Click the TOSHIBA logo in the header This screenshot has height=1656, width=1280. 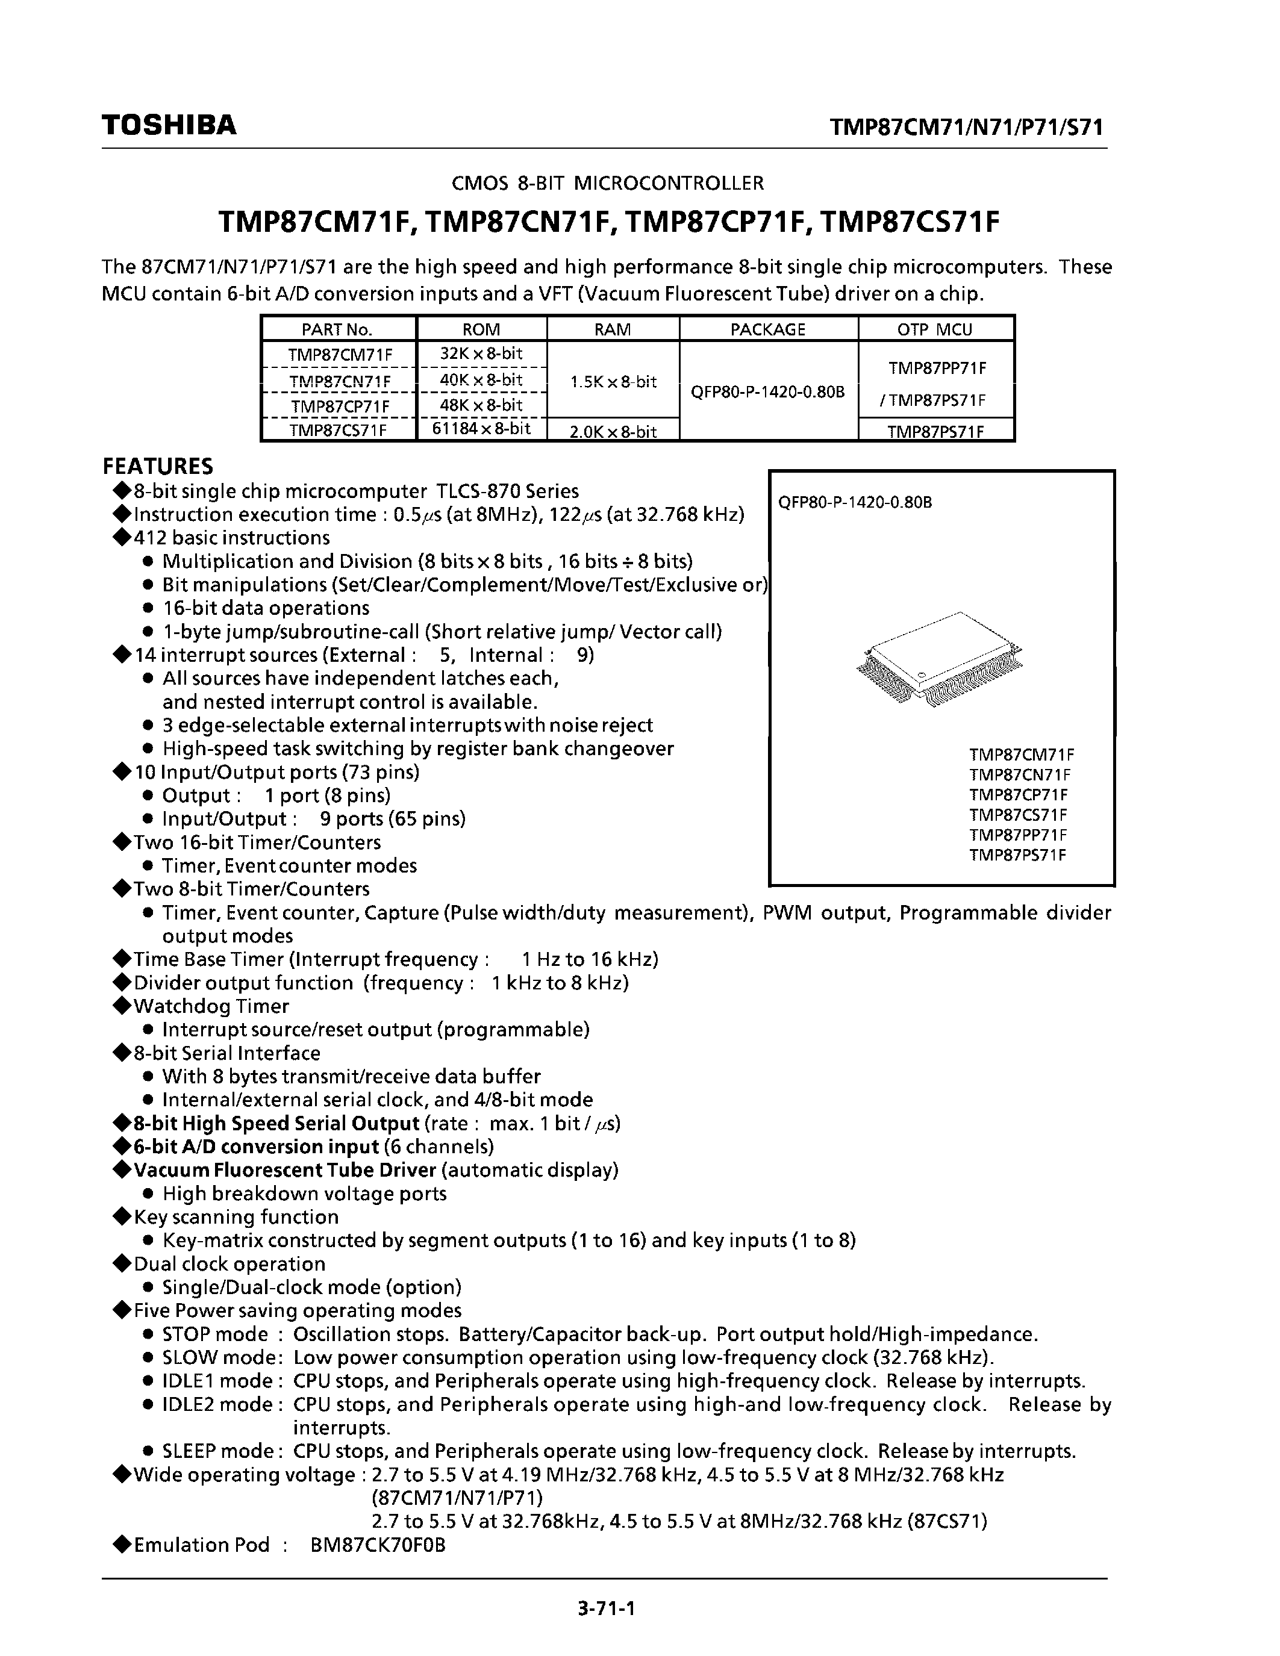coord(169,125)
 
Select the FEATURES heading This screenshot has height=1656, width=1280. coord(158,465)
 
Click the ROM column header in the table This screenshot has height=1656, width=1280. coord(481,329)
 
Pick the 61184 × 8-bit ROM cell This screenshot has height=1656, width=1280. coord(481,429)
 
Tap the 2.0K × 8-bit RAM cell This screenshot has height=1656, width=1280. coord(613,431)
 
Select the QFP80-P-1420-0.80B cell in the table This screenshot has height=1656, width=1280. coord(767,392)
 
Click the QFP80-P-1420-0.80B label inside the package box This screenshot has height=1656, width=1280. coord(855,502)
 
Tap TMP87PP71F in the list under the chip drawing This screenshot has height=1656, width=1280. coord(1017,835)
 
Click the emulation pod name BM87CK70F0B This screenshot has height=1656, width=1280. coord(377,1545)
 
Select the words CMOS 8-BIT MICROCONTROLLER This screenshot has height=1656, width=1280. coord(607,182)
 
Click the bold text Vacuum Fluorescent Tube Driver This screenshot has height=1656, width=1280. coord(285,1170)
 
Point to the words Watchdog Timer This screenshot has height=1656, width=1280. coord(211,1006)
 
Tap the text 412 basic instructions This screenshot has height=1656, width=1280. coord(231,538)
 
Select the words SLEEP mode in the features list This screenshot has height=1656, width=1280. coord(219,1451)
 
